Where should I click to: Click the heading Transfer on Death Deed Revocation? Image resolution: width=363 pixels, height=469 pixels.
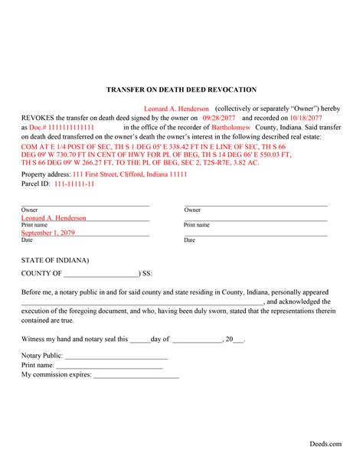(x=181, y=90)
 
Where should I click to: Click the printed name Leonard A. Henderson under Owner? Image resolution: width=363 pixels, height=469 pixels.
(x=54, y=217)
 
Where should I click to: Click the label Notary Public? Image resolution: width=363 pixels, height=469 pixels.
(x=42, y=356)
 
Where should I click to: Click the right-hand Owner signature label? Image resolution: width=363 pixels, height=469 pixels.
(x=191, y=210)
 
